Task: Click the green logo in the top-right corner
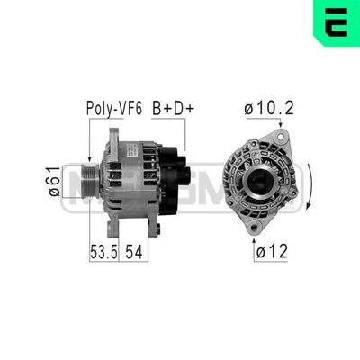pyautogui.click(x=338, y=22)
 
